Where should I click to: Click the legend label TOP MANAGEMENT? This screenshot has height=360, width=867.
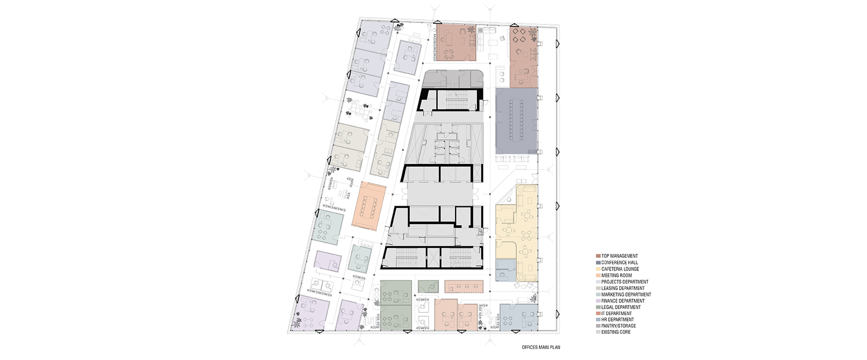pyautogui.click(x=619, y=256)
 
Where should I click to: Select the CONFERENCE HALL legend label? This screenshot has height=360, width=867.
pyautogui.click(x=619, y=263)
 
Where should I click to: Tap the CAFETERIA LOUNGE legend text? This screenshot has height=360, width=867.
pyautogui.click(x=620, y=269)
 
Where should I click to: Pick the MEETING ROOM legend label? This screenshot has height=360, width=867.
pyautogui.click(x=616, y=275)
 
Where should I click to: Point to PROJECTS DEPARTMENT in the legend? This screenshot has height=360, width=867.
pyautogui.click(x=624, y=282)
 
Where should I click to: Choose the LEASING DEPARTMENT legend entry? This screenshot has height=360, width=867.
pyautogui.click(x=623, y=288)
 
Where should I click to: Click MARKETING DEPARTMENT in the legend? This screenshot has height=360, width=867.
pyautogui.click(x=626, y=294)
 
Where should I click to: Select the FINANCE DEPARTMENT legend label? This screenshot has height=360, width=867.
pyautogui.click(x=623, y=301)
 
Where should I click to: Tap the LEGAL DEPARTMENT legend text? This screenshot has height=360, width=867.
pyautogui.click(x=621, y=307)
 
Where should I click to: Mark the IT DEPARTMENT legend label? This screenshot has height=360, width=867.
pyautogui.click(x=616, y=313)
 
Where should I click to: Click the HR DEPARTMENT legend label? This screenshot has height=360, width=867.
pyautogui.click(x=617, y=320)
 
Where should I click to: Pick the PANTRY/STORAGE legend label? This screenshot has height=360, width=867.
pyautogui.click(x=618, y=326)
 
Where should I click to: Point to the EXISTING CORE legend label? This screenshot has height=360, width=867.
pyautogui.click(x=616, y=332)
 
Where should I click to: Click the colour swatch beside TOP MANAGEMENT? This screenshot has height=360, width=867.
pyautogui.click(x=598, y=256)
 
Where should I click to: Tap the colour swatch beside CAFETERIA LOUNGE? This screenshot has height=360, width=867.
pyautogui.click(x=598, y=269)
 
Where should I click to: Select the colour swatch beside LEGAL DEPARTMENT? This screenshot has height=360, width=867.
pyautogui.click(x=598, y=307)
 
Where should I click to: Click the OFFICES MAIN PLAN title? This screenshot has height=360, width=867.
pyautogui.click(x=541, y=347)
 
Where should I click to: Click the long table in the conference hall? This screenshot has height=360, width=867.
pyautogui.click(x=517, y=120)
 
